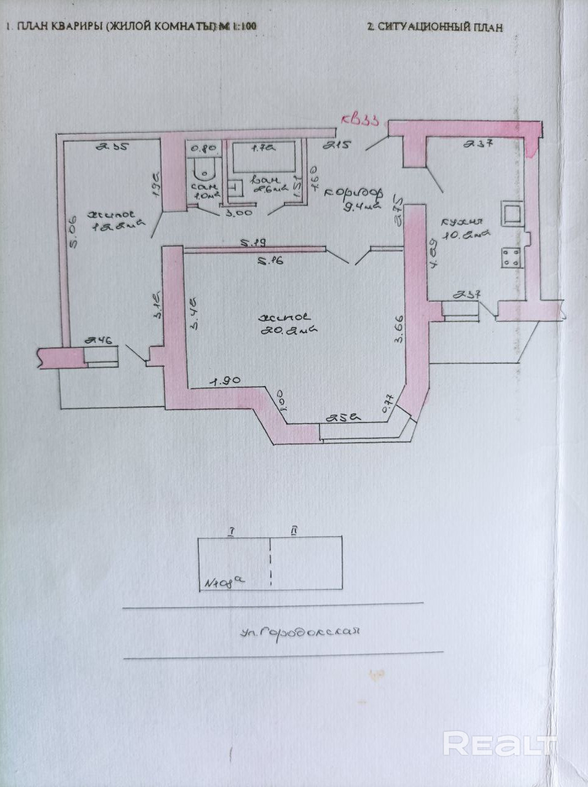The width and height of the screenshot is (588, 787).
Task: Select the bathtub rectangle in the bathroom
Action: [262, 161]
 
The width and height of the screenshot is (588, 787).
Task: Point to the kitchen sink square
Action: [512, 213]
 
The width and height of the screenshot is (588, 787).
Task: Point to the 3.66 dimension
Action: [399, 330]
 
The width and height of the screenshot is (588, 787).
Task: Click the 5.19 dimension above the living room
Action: [253, 243]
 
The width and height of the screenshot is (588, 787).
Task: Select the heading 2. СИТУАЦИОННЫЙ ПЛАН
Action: [434, 27]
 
